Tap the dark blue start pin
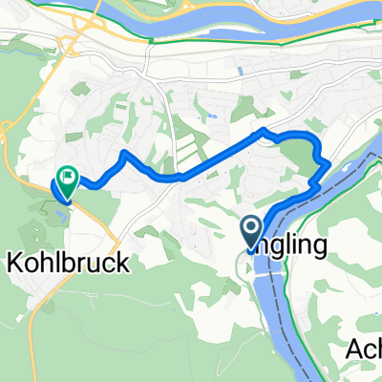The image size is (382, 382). point(251,230)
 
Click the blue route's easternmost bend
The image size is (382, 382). point(329,166)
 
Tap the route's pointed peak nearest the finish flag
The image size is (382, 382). point(123,153)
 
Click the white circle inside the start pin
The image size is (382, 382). point(251,226)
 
